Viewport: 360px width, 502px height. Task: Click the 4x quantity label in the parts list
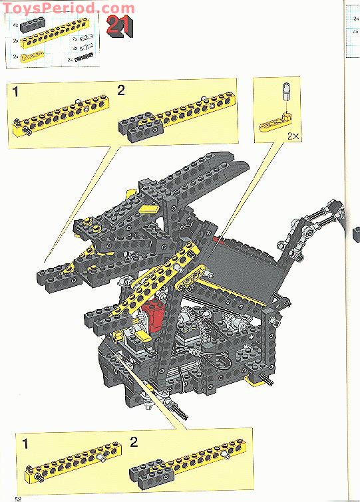click(x=15, y=27)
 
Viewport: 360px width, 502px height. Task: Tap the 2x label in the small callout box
click(x=293, y=136)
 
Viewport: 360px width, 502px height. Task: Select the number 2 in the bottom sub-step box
click(x=134, y=441)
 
